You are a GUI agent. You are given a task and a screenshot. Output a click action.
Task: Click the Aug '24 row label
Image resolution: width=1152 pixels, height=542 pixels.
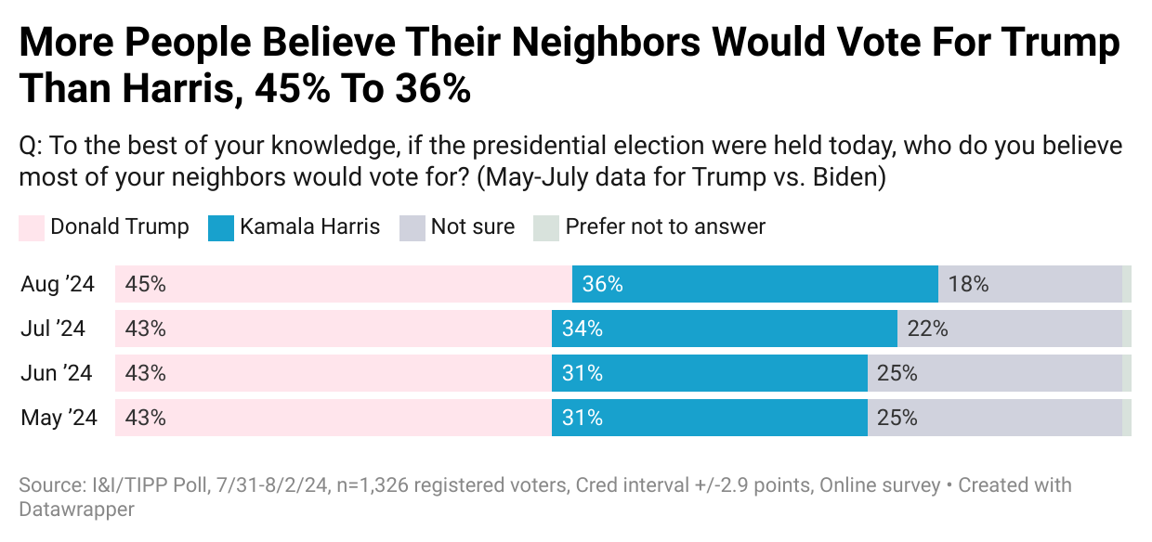(58, 284)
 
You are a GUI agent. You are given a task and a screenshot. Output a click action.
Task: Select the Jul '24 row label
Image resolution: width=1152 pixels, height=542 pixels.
(53, 329)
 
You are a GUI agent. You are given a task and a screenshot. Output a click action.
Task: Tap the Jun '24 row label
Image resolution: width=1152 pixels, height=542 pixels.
(57, 373)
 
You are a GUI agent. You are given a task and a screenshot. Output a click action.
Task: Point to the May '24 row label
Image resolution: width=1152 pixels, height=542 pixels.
(59, 418)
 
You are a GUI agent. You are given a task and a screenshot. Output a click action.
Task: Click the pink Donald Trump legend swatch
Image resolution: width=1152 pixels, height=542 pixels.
(31, 228)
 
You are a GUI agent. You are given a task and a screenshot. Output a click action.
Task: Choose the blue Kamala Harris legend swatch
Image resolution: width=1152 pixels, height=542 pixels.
(220, 228)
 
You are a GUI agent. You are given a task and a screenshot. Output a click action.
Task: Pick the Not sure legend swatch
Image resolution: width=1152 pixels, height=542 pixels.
(412, 228)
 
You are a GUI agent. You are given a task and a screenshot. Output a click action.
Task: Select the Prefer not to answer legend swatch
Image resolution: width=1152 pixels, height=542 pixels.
(545, 228)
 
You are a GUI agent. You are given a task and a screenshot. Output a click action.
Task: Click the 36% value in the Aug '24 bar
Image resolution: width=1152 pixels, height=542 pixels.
(602, 284)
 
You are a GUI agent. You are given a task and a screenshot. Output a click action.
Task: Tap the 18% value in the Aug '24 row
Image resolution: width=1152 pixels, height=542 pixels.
(968, 284)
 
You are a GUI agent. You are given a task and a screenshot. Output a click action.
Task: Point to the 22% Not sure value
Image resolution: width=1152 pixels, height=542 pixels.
(927, 329)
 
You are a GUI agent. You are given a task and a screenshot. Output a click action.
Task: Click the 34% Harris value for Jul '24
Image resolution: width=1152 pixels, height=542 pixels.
(582, 329)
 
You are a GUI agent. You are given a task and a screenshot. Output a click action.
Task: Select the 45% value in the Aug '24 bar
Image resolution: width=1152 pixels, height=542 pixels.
(145, 284)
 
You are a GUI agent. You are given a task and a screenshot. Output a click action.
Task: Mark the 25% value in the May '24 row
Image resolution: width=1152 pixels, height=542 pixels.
(897, 418)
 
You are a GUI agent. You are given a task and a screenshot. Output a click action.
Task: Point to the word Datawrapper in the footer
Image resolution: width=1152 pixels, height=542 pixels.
(76, 510)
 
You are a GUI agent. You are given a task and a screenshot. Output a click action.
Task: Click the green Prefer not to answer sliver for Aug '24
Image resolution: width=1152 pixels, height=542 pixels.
(1126, 284)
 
